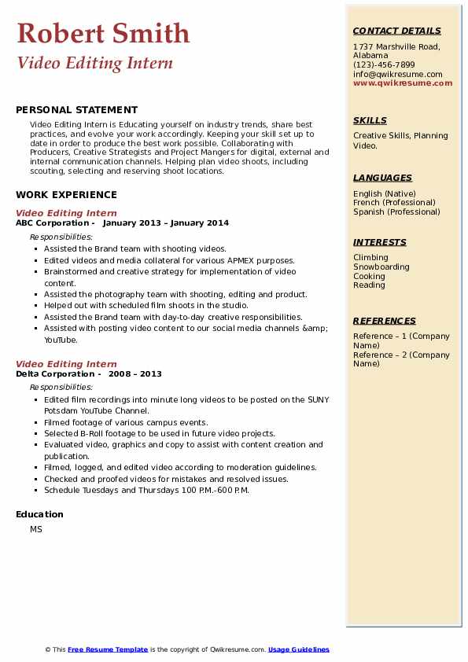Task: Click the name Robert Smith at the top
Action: [103, 33]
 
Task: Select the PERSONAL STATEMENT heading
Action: [76, 110]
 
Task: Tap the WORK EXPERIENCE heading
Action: [66, 195]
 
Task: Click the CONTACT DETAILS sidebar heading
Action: [396, 31]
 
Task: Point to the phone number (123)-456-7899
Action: [384, 65]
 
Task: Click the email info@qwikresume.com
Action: [397, 74]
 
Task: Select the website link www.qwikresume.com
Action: [403, 83]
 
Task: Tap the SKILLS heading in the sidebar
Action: [370, 120]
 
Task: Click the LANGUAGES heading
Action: [382, 178]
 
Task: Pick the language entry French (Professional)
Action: [395, 202]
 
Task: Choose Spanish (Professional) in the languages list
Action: [397, 211]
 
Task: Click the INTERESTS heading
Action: [379, 242]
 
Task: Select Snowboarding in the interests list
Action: [381, 267]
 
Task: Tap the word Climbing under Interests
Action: [370, 257]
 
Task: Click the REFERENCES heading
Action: [385, 321]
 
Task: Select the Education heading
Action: [39, 514]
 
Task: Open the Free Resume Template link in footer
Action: [108, 649]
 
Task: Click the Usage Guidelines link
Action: [299, 649]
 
